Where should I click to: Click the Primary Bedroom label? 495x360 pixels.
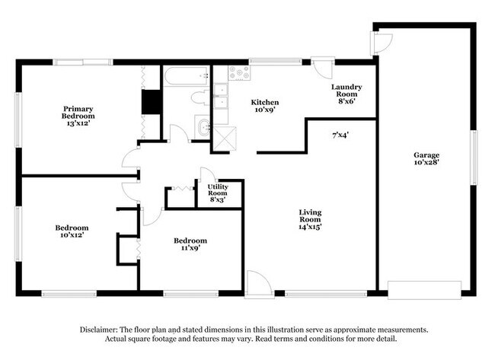(x=78, y=116)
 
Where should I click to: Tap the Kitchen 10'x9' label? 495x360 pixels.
(x=264, y=106)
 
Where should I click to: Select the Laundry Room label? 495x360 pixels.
(x=346, y=94)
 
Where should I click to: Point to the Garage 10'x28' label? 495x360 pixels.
(x=426, y=159)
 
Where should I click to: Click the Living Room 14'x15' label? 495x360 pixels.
(x=310, y=220)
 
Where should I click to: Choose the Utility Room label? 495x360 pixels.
(x=218, y=193)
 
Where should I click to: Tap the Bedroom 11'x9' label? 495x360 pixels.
(x=190, y=244)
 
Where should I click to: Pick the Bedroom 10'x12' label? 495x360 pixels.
(x=72, y=231)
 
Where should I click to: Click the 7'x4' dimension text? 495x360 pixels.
(x=340, y=135)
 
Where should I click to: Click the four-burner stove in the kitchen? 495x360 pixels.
(x=239, y=72)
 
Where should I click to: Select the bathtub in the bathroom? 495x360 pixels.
(x=187, y=76)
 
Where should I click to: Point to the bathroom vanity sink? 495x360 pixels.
(x=203, y=127)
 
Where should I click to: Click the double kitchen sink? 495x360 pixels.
(x=221, y=96)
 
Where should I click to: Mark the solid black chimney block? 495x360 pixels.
(x=152, y=101)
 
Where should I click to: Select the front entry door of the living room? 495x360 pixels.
(x=259, y=285)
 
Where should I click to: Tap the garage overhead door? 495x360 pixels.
(x=424, y=290)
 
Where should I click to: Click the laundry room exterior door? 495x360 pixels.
(x=323, y=67)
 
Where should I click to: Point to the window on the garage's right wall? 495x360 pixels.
(x=473, y=158)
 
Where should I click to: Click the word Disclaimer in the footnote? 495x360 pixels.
(x=98, y=330)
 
